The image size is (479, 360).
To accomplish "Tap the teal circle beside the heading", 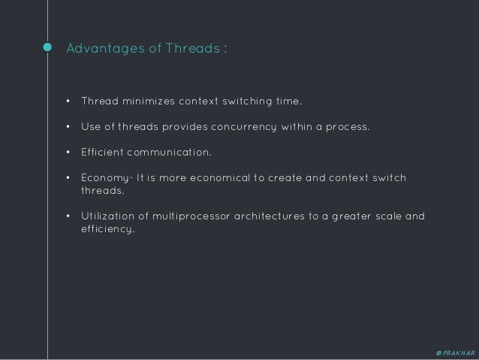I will (47, 48).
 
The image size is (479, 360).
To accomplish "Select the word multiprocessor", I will (188, 217).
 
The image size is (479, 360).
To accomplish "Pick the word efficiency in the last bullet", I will (107, 229).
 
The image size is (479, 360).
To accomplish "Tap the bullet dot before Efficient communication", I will (68, 153).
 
